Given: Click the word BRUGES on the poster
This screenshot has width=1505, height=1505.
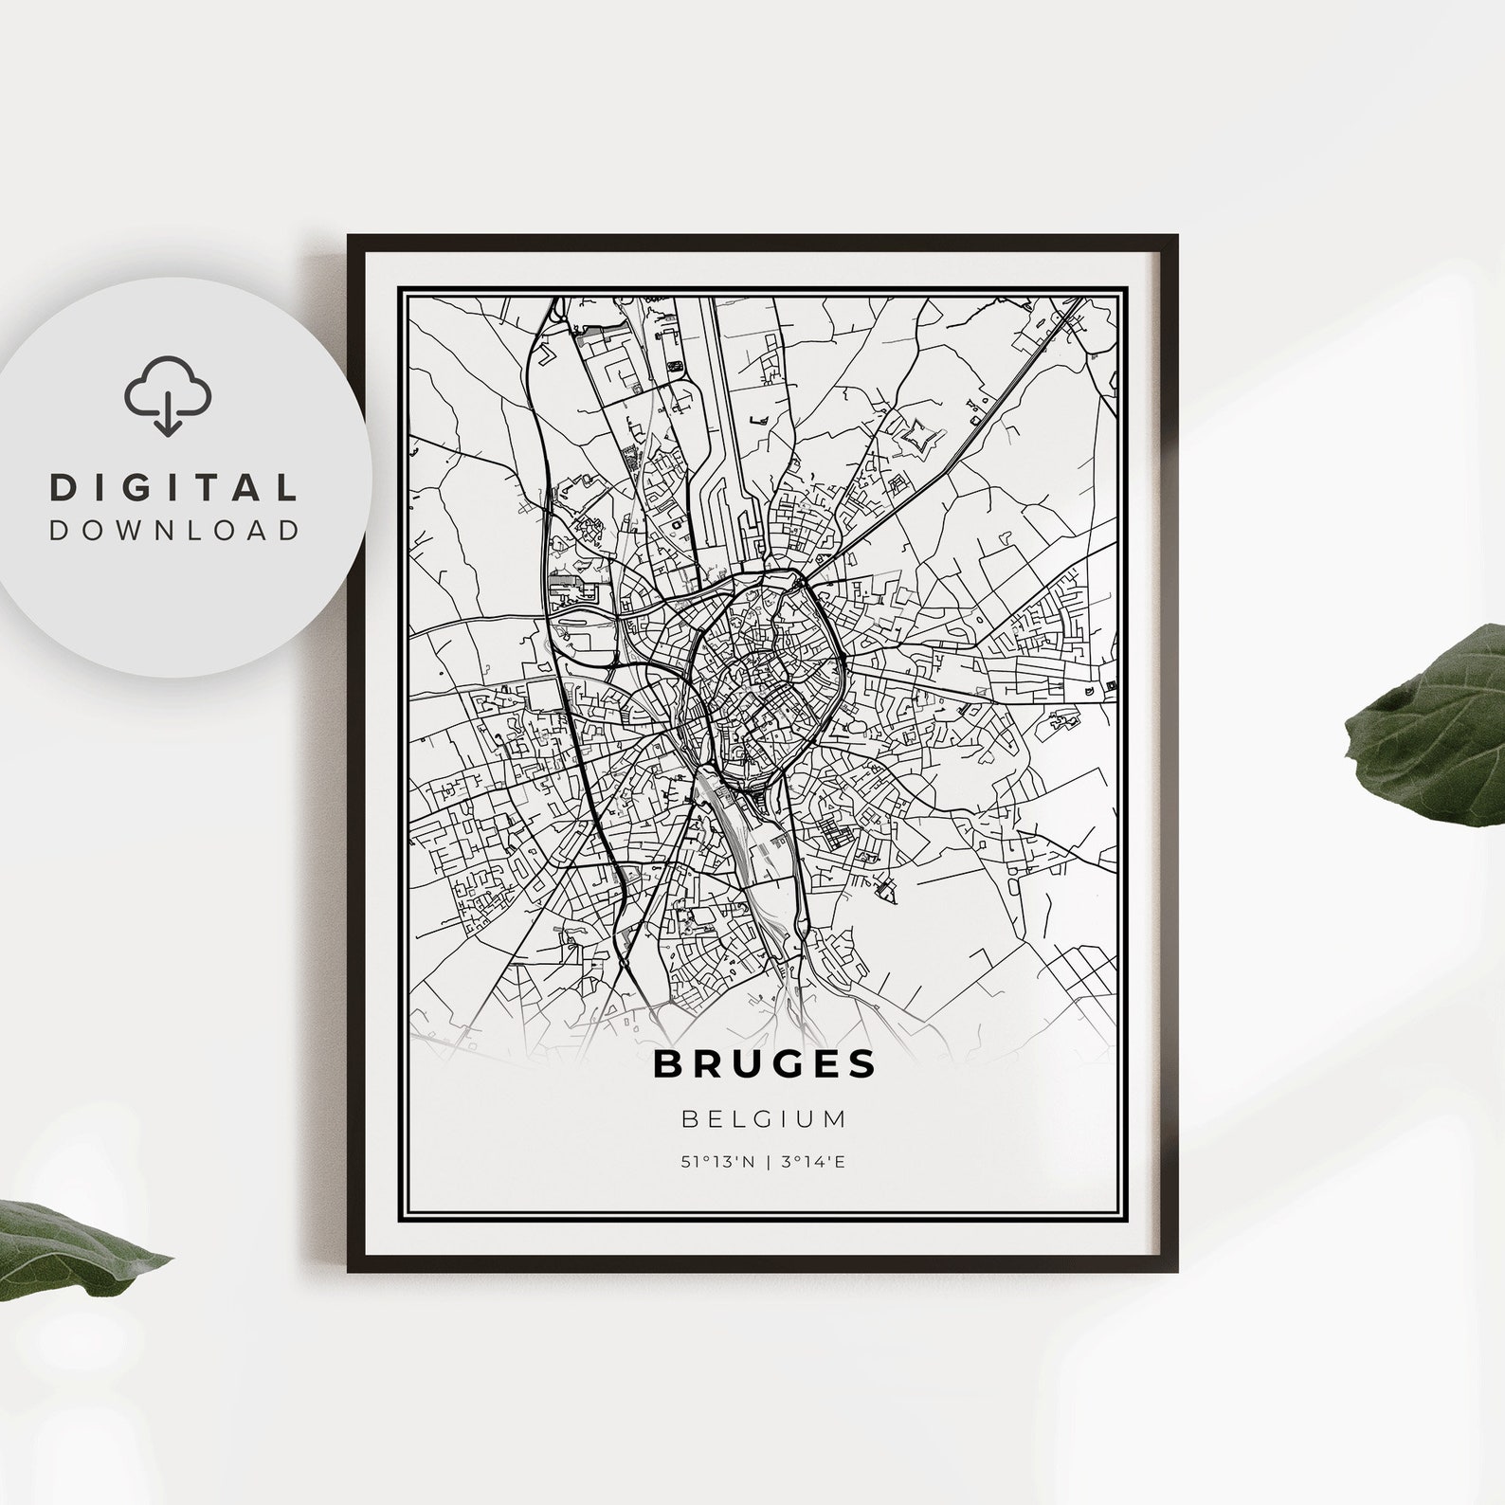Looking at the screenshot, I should click(x=764, y=1064).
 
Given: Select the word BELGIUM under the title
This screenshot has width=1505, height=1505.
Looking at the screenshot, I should click(x=764, y=1119).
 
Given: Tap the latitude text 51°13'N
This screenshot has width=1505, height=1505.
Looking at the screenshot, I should click(x=717, y=1163).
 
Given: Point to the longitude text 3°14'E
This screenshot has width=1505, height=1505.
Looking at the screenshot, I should click(x=812, y=1163).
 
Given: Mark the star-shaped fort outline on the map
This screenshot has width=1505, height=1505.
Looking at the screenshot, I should click(x=916, y=437).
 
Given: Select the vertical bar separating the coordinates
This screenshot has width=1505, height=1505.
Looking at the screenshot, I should click(x=766, y=1163).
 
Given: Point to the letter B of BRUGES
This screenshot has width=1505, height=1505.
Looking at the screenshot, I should click(x=665, y=1064).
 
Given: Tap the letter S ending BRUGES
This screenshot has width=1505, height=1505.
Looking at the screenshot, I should click(x=862, y=1064).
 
